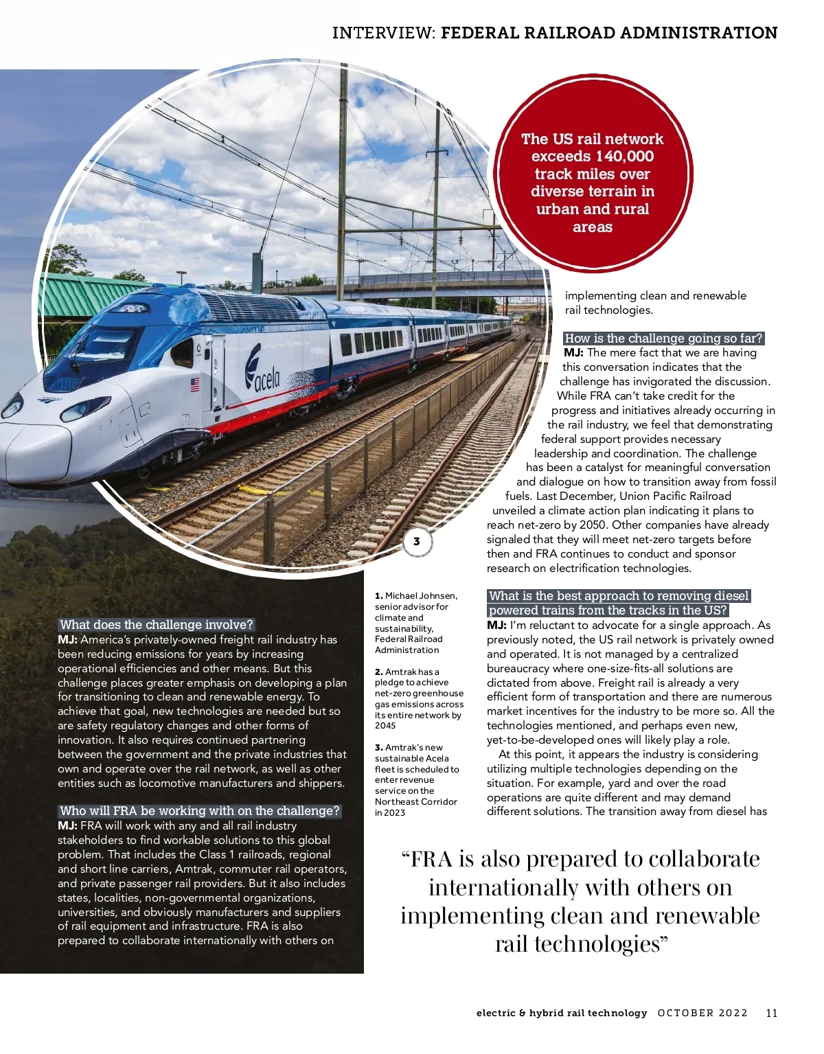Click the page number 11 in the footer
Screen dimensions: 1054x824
771,1013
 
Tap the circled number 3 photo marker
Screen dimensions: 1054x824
416,542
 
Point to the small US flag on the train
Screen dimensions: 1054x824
194,385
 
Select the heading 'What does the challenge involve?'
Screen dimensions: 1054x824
157,625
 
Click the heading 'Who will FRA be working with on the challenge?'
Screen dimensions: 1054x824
199,811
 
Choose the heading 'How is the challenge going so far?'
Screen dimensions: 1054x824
663,339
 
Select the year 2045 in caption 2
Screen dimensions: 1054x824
385,726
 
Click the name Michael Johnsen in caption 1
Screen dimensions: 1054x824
421,596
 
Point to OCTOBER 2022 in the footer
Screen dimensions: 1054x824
702,1013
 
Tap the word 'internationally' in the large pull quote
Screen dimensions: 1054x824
503,888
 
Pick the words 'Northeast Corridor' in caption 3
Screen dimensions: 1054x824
416,801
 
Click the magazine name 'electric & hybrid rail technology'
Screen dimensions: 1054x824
561,1013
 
